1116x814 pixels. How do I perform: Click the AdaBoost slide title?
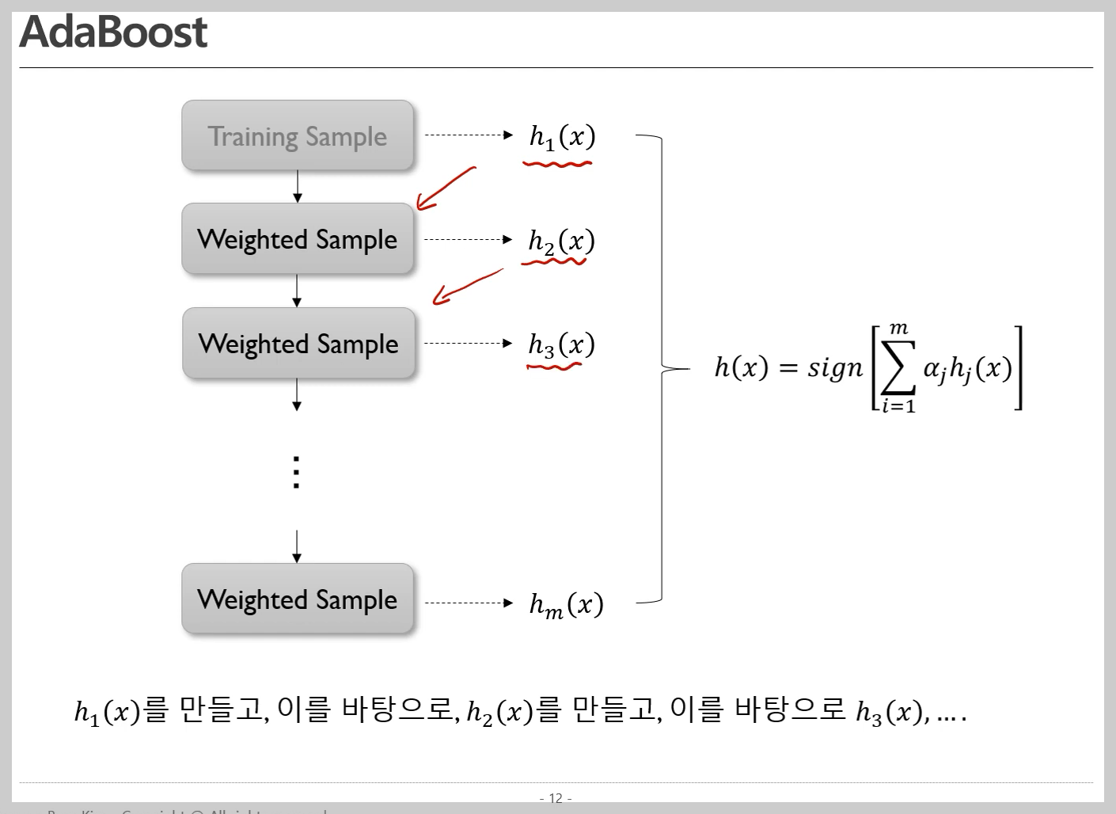(113, 33)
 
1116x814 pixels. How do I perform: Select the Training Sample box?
(298, 135)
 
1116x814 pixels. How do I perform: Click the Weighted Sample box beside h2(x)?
(298, 239)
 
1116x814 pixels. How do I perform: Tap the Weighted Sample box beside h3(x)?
(298, 344)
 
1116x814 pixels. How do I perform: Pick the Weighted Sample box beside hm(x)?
(298, 599)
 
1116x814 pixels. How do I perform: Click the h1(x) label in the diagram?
(562, 137)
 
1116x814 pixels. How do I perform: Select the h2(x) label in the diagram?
(561, 241)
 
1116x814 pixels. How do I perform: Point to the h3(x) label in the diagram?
(561, 344)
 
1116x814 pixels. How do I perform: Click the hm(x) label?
(566, 605)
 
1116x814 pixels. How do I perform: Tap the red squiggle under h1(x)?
(557, 165)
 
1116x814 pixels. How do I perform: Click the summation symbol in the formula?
(898, 367)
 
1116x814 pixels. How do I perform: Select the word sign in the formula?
(835, 368)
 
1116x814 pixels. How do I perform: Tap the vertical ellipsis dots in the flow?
(296, 472)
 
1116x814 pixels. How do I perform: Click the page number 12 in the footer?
(556, 798)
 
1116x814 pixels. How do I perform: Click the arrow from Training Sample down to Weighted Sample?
(298, 187)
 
